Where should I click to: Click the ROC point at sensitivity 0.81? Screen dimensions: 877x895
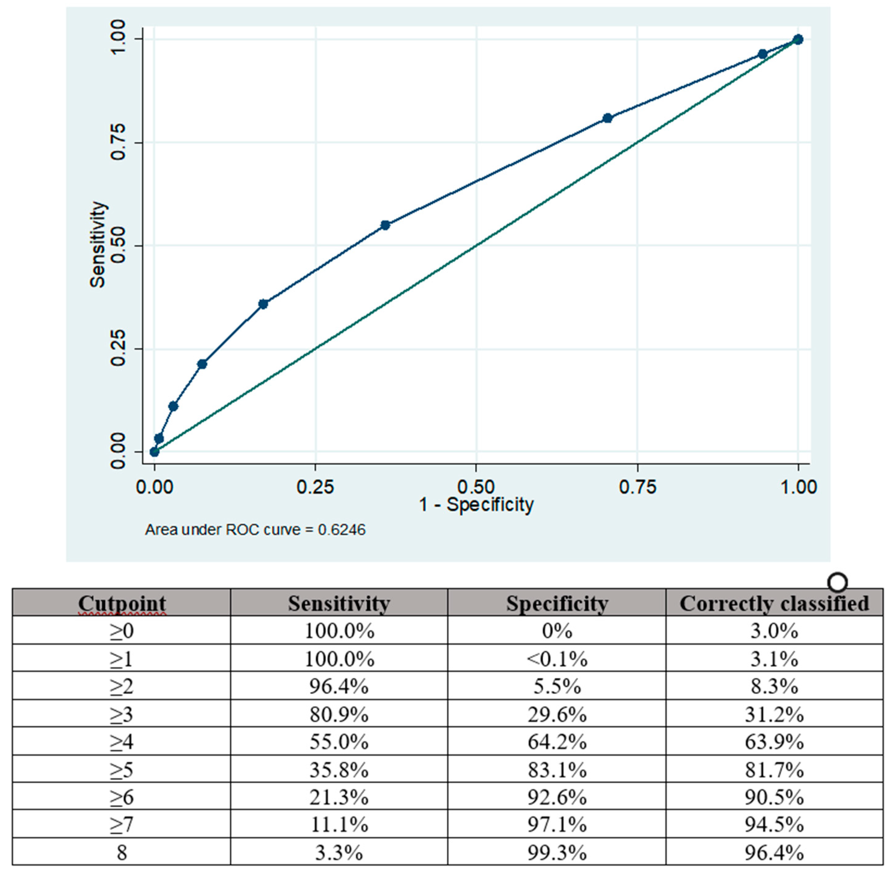607,118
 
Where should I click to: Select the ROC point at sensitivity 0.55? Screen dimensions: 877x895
385,225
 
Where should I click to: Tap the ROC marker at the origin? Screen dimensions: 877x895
155,452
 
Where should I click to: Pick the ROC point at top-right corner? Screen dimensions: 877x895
798,39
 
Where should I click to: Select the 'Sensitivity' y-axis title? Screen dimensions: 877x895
97,245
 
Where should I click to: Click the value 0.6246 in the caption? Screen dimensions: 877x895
342,530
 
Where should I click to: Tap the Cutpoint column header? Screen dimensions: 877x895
122,603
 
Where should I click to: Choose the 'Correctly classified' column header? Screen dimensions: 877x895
774,603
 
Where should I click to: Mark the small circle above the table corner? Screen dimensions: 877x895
837,582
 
